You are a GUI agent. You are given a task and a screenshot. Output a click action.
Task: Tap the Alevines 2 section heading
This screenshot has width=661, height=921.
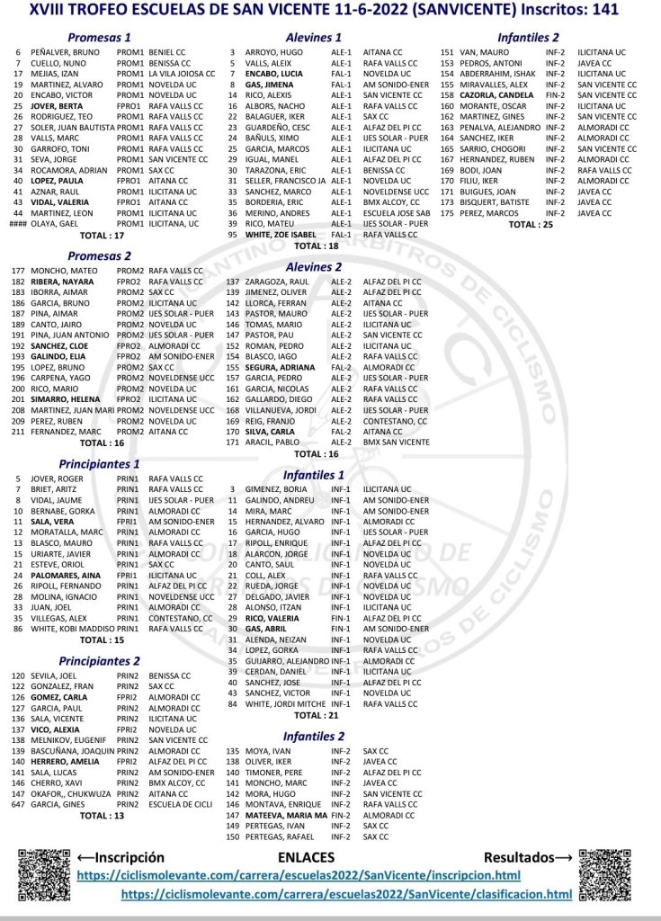tap(313, 266)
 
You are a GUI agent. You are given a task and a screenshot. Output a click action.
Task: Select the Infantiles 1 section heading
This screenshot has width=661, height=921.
tap(313, 474)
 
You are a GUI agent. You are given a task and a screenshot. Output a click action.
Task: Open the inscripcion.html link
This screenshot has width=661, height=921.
tap(299, 875)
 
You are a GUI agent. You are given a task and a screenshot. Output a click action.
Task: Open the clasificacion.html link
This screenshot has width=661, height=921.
tap(346, 894)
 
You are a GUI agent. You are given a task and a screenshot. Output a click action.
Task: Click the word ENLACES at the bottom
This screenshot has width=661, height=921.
tap(306, 858)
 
